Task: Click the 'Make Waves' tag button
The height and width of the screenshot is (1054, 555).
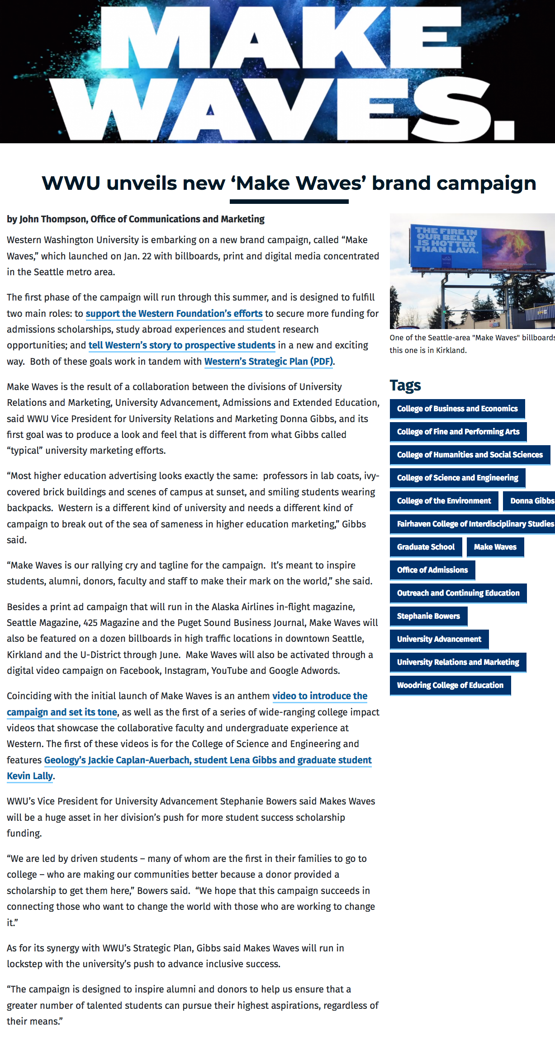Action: click(495, 547)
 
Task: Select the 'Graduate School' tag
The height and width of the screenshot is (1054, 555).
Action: click(426, 547)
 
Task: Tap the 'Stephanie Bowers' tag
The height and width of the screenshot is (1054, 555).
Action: click(428, 616)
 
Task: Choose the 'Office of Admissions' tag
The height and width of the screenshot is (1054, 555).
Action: click(432, 570)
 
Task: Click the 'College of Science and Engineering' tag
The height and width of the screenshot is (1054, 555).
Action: click(457, 478)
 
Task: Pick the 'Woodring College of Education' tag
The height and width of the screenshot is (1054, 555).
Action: click(450, 685)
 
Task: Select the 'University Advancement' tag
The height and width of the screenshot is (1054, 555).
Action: click(439, 639)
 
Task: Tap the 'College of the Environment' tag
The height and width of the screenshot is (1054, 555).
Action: click(444, 501)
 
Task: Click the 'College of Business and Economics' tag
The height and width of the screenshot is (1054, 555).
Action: click(457, 409)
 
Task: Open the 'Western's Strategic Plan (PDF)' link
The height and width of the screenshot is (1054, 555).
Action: click(269, 362)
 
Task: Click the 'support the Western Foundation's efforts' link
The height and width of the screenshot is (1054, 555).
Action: click(174, 314)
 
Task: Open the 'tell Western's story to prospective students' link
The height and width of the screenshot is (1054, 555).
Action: click(182, 345)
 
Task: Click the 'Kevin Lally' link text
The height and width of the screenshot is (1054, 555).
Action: click(30, 776)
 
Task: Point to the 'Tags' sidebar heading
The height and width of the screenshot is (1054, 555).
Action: click(405, 386)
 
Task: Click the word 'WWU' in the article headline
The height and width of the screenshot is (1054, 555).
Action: click(71, 184)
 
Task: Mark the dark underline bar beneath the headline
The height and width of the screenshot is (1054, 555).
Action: click(289, 202)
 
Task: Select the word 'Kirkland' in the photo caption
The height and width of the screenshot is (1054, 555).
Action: click(450, 350)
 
